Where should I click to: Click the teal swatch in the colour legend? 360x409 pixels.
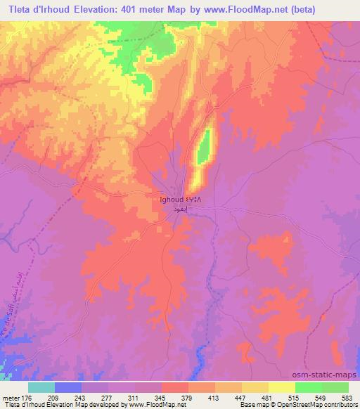pyautogui.click(x=41, y=387)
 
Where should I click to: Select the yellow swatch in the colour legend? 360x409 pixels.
pyautogui.click(x=281, y=387)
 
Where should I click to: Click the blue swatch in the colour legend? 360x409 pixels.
pyautogui.click(x=67, y=387)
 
